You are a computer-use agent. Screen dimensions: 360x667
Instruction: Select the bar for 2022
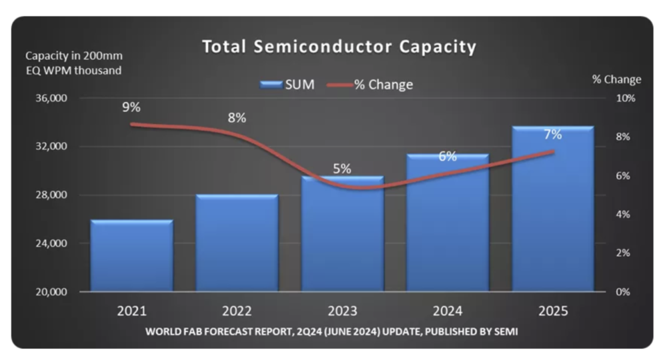(237, 243)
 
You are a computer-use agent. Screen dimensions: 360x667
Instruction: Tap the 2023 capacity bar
(342, 233)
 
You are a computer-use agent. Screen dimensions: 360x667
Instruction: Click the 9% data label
(131, 106)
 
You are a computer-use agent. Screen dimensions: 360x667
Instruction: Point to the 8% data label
(237, 118)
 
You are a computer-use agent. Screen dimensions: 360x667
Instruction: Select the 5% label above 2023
(342, 169)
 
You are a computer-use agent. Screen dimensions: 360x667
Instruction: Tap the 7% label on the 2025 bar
(553, 135)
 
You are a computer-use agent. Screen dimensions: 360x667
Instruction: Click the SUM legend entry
(287, 85)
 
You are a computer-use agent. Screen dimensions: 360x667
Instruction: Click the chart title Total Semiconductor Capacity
(340, 47)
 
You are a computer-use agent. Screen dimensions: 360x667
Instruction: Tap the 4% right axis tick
(623, 215)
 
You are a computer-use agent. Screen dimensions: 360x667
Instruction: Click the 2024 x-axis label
(448, 311)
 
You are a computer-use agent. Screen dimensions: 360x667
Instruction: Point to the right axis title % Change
(616, 79)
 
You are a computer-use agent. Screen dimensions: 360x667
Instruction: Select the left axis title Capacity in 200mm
(74, 55)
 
